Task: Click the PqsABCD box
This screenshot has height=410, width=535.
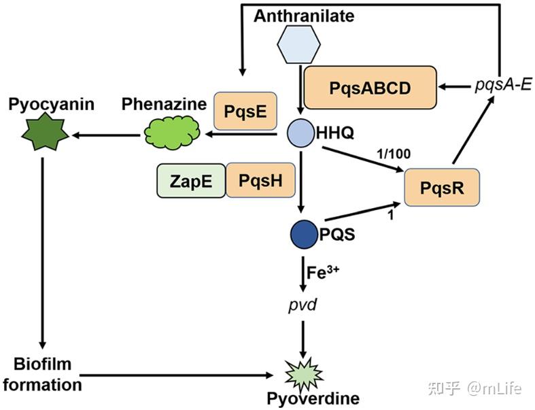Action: (x=370, y=88)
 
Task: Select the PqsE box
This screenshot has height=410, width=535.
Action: (x=245, y=110)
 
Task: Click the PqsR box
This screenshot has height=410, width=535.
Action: (x=441, y=188)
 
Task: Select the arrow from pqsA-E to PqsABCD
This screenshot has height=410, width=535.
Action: (x=455, y=87)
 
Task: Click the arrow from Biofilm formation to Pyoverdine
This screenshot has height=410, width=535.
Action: (x=177, y=374)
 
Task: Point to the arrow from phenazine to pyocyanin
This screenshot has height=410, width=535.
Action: (x=105, y=135)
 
